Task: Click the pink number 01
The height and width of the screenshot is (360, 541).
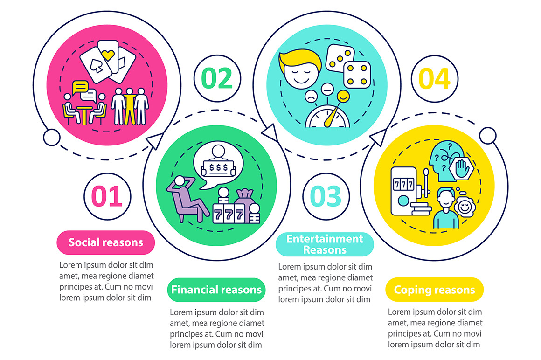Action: point(107,196)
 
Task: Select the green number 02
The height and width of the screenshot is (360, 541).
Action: point(217,78)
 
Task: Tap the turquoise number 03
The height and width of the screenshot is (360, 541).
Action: point(326,196)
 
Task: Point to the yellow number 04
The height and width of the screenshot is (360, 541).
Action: point(434,79)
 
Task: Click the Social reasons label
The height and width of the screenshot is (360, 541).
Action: point(105,242)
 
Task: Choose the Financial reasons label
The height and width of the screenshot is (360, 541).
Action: point(216,290)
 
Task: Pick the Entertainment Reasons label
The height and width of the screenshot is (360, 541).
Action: point(325,244)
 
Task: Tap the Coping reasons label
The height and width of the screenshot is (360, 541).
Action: point(434,290)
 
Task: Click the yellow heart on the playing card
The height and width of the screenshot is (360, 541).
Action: point(108,55)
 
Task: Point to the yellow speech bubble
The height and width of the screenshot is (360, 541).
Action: point(80,88)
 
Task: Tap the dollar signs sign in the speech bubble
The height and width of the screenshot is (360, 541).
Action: point(219,168)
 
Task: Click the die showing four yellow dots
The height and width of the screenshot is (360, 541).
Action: point(357,75)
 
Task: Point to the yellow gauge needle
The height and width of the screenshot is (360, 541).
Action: point(330,117)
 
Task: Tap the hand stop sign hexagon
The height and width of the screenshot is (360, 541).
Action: point(462,169)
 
